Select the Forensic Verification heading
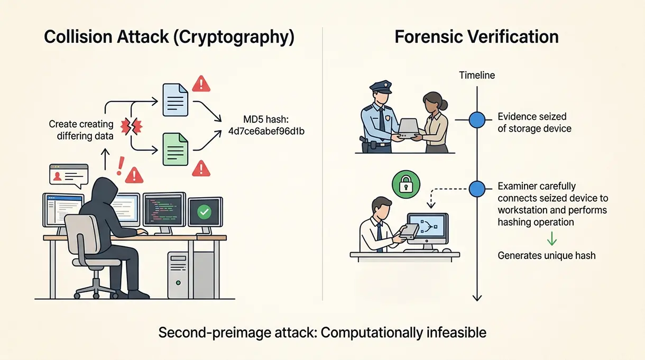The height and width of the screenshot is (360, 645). point(476,37)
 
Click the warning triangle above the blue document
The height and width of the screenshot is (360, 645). point(201,83)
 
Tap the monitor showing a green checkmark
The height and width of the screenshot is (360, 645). point(204,213)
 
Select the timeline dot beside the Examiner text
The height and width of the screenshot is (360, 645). point(477,188)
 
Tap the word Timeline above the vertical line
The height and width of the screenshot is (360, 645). point(477,75)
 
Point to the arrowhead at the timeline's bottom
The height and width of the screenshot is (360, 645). point(477,297)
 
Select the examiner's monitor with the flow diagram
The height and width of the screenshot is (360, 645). point(427,228)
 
